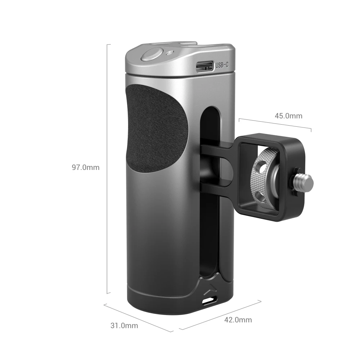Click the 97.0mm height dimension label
coord(85,167)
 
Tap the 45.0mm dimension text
coord(288,116)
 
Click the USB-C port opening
coord(204,66)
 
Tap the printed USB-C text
coord(222,66)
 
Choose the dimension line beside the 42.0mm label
coord(220,314)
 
